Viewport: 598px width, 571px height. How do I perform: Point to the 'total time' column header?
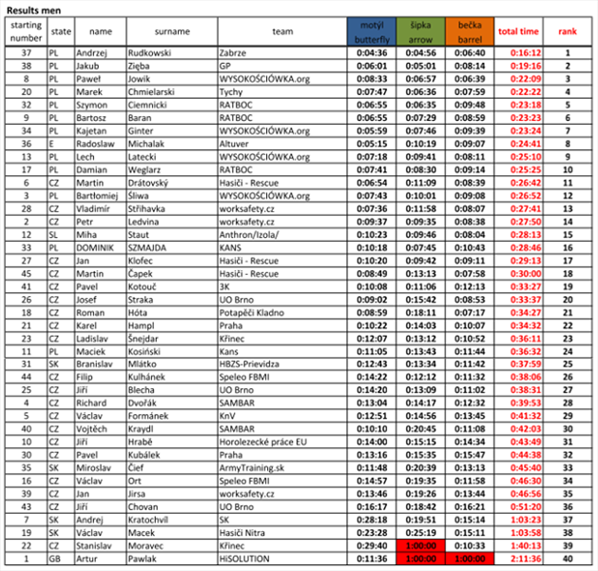[519, 31]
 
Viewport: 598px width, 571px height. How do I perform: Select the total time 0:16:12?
[519, 53]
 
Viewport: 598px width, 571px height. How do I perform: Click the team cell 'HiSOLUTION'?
[244, 559]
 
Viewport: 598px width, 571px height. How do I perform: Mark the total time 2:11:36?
[519, 559]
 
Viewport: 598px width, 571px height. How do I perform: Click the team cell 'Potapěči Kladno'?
[252, 311]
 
